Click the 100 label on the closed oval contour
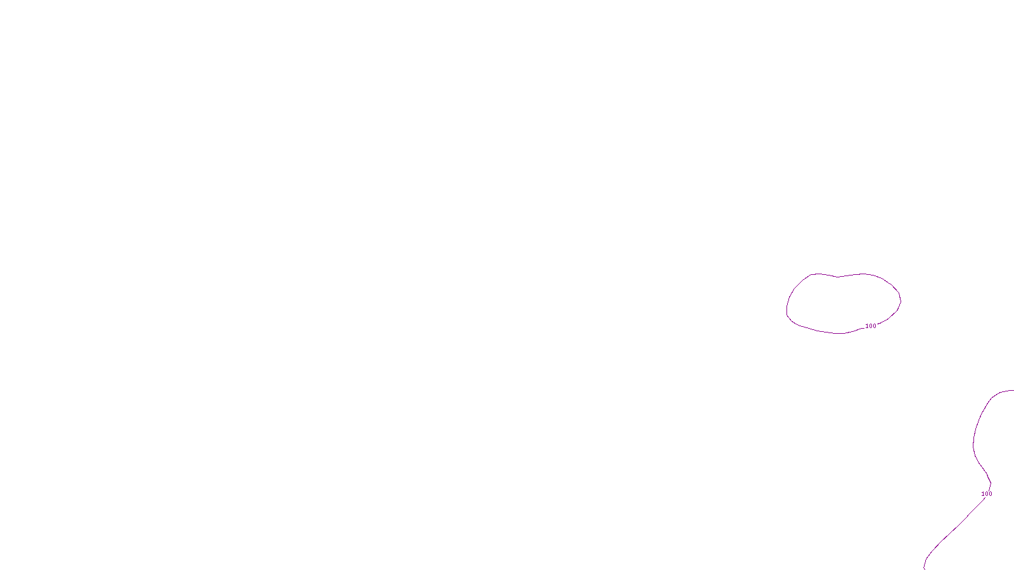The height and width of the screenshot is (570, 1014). [871, 326]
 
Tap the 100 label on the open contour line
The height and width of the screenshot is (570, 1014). [987, 494]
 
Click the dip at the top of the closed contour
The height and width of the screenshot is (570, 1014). [838, 277]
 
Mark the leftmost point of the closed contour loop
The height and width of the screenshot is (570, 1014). [787, 310]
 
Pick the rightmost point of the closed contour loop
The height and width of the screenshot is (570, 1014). [901, 299]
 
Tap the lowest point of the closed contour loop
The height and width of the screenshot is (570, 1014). [840, 333]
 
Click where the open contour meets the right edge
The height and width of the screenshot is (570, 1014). [1013, 391]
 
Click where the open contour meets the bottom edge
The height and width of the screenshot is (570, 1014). [925, 568]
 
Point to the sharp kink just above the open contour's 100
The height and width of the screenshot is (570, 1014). [991, 484]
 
